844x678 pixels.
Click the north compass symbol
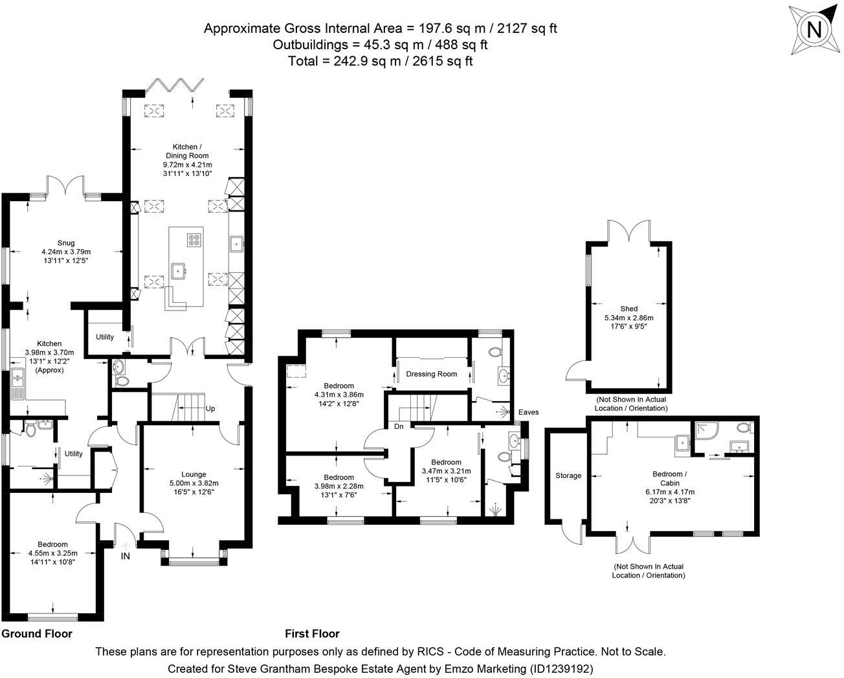click(815, 30)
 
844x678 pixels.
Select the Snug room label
click(66, 243)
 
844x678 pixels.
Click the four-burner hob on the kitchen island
click(194, 240)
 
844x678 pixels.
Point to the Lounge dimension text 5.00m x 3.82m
click(194, 483)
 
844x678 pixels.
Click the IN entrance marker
click(125, 556)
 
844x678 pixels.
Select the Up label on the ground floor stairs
click(210, 409)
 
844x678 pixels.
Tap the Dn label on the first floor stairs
click(399, 426)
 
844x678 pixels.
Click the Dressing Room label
click(431, 374)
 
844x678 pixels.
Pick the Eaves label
click(528, 412)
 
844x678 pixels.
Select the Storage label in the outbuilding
click(568, 476)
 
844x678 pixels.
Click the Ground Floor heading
click(37, 633)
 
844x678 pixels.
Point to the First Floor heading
click(312, 633)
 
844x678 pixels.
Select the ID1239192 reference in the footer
click(561, 668)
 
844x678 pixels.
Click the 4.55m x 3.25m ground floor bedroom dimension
click(53, 553)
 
